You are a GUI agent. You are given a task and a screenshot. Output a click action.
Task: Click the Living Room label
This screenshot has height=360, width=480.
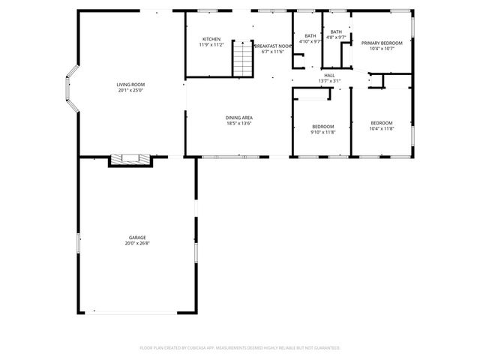point(130,85)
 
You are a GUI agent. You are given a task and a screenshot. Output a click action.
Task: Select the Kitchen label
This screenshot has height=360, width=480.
point(211,39)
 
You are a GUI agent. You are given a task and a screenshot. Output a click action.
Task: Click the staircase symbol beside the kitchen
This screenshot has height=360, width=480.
point(243,59)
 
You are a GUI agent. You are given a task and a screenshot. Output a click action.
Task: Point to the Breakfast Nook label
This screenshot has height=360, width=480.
point(272,46)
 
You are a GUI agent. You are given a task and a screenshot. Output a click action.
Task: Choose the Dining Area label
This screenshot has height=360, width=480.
point(238,118)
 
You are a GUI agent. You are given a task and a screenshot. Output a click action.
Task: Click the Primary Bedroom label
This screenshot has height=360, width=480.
point(382,43)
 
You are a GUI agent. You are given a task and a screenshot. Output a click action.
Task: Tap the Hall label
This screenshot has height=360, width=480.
point(329,75)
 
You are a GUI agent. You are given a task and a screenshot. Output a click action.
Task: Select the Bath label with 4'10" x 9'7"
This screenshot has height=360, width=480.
point(310,36)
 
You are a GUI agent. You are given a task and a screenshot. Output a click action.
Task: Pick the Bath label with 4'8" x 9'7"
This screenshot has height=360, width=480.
point(336,31)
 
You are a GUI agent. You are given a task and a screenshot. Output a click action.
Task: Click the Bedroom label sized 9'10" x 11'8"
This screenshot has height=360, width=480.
point(322,126)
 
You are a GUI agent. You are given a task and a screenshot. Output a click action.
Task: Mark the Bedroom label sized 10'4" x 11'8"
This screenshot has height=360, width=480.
point(381,122)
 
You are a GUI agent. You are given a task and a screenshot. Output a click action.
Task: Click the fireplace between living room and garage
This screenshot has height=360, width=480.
point(124,160)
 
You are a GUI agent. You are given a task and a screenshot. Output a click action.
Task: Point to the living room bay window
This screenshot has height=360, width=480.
point(71,91)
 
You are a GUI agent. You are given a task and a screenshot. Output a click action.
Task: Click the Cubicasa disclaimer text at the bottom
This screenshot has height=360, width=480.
point(240,348)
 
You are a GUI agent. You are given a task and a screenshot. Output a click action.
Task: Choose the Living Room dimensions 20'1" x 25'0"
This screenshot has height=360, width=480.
point(130,91)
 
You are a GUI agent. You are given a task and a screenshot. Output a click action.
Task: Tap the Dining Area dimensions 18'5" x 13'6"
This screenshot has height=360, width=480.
point(238,124)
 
